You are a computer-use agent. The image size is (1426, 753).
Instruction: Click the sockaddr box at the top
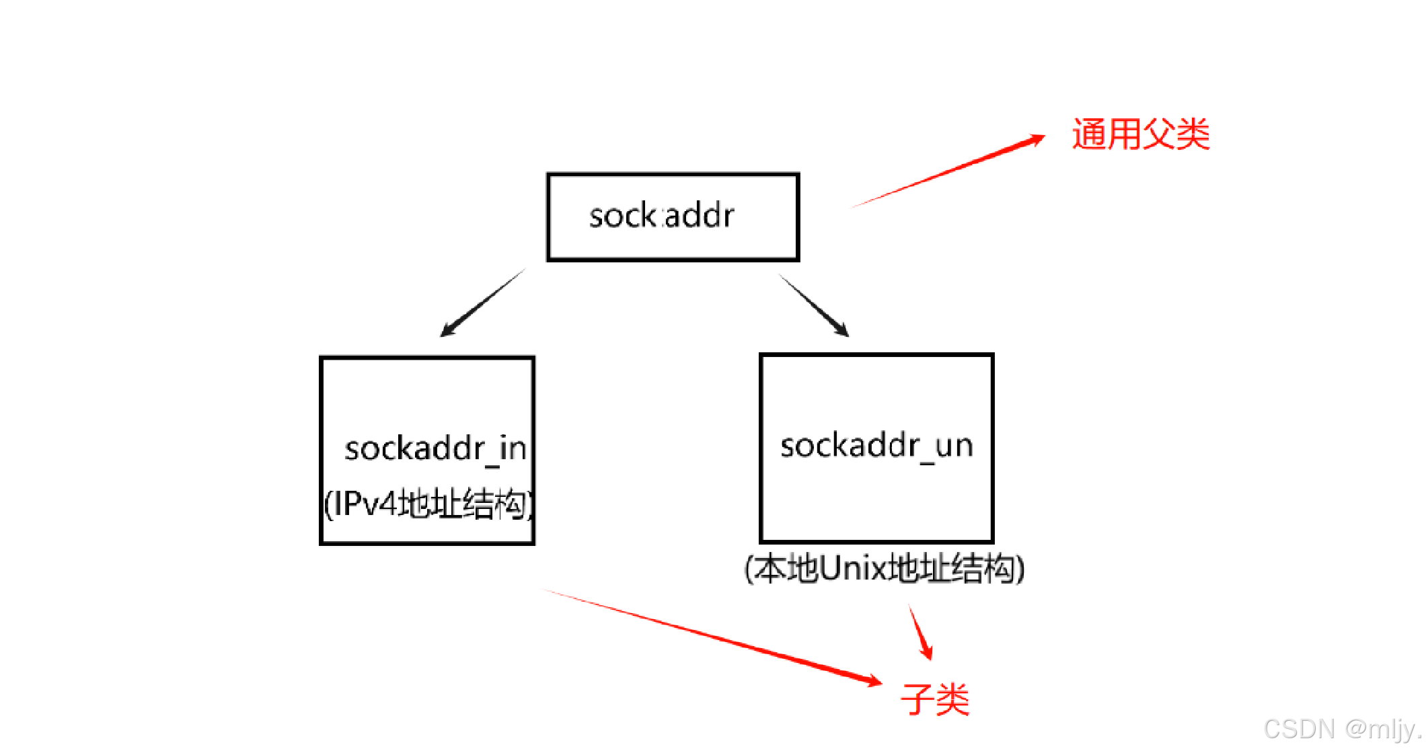click(673, 216)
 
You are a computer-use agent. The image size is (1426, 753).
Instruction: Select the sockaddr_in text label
click(435, 448)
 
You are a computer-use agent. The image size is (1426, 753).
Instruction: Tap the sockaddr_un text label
click(876, 446)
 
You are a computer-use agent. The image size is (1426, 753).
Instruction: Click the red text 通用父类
click(1141, 134)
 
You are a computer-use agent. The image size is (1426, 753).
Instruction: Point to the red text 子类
click(935, 699)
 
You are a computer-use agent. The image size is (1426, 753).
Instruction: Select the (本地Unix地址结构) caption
click(885, 569)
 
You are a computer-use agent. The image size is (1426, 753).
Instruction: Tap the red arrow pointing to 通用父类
click(948, 171)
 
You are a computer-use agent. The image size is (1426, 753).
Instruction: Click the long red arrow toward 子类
click(713, 636)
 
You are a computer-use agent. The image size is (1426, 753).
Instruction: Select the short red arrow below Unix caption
click(920, 633)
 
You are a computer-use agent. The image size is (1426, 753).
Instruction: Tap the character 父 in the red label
click(1158, 134)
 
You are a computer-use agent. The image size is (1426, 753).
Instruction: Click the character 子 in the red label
click(917, 699)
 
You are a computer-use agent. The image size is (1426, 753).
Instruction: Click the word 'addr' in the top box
click(700, 216)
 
